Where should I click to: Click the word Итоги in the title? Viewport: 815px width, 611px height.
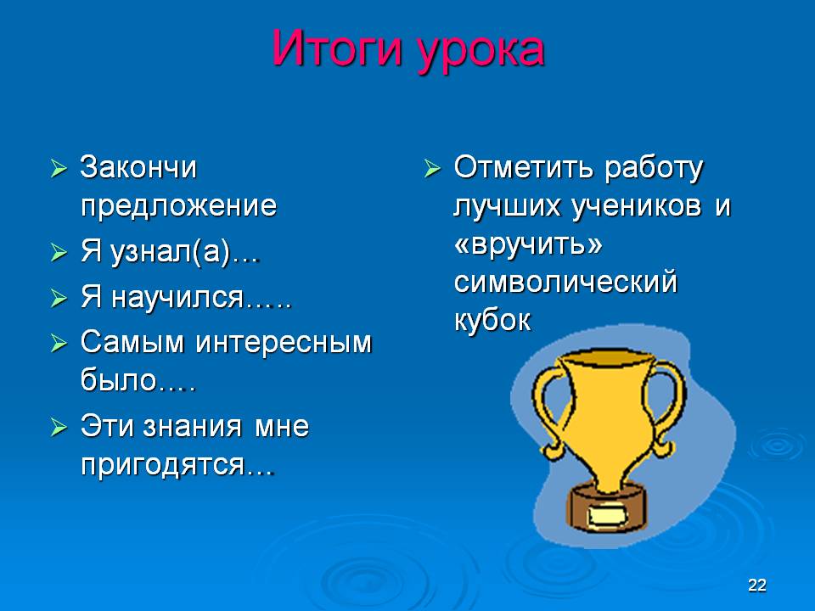337,48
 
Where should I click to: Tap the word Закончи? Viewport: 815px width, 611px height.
138,167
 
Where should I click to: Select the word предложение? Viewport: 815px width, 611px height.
179,205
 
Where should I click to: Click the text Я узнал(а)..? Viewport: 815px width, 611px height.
155,252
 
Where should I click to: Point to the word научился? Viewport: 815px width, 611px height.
177,297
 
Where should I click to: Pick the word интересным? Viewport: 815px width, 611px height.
284,344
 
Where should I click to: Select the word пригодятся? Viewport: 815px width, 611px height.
162,464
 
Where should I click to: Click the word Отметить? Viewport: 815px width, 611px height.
524,167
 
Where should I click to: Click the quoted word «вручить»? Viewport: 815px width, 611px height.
528,244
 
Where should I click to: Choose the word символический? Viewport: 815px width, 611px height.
565,282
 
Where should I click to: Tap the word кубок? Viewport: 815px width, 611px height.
492,320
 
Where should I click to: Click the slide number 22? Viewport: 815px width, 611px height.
756,585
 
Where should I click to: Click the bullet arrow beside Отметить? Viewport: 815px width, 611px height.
432,168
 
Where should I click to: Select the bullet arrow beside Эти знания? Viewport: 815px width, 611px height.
59,428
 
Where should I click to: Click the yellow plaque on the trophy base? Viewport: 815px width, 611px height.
606,516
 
